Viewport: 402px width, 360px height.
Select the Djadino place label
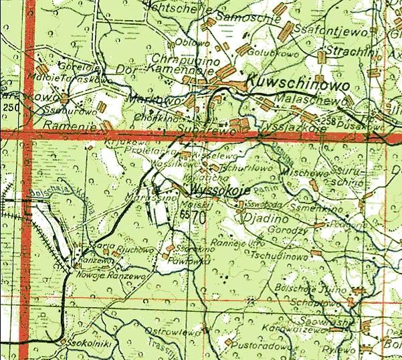[x=266, y=218]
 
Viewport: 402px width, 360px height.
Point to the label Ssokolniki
[x=80, y=342]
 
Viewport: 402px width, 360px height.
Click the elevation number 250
[x=10, y=108]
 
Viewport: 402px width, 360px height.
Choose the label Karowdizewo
[x=312, y=328]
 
